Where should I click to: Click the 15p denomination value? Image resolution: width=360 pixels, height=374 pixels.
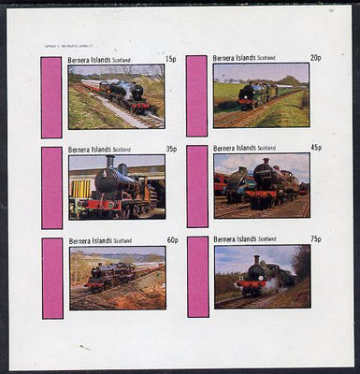(170, 59)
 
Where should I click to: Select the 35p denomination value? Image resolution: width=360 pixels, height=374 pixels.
(171, 149)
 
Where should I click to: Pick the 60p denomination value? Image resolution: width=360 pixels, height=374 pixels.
(171, 239)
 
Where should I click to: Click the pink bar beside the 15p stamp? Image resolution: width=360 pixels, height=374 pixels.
(51, 96)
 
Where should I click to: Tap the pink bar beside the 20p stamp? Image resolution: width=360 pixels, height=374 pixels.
(196, 95)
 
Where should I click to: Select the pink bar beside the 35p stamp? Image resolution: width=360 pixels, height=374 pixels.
(51, 187)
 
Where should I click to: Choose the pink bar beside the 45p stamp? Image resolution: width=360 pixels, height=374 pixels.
(197, 186)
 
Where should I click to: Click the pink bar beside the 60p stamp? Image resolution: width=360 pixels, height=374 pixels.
(51, 278)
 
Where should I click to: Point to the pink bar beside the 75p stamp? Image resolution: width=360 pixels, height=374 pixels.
(197, 277)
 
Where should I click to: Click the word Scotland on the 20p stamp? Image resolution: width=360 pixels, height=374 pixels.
(273, 59)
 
